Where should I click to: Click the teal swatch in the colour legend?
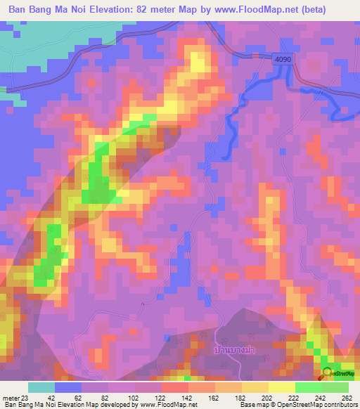coord(41,387)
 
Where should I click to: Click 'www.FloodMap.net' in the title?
coord(265,11)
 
